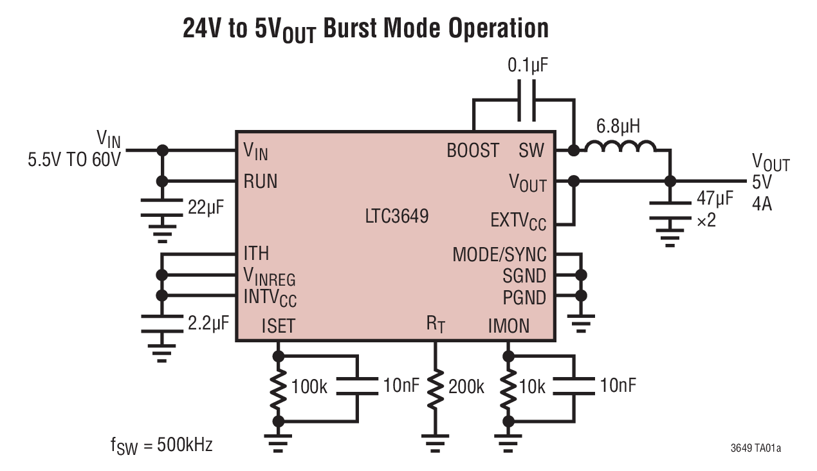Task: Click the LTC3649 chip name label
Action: (x=396, y=216)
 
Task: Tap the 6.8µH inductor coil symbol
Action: (x=618, y=149)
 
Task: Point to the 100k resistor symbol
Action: (x=278, y=387)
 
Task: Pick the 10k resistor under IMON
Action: (x=508, y=387)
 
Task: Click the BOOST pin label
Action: (x=473, y=151)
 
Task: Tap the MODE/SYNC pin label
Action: (x=499, y=255)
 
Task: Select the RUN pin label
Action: (x=261, y=181)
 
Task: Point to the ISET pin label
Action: (x=278, y=326)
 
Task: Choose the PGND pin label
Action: (x=524, y=298)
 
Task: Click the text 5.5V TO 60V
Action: (x=74, y=159)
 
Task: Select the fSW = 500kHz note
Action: (x=161, y=445)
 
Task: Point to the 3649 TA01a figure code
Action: (x=755, y=447)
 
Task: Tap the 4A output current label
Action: (x=763, y=205)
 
